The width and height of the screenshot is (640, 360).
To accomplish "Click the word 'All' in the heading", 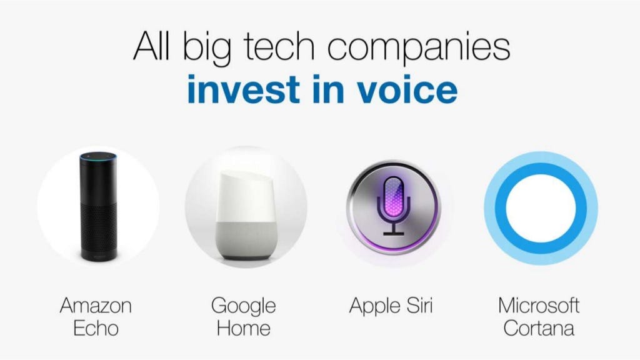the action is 151,46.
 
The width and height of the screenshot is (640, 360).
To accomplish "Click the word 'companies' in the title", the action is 418,49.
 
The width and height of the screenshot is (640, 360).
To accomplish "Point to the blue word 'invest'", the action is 244,89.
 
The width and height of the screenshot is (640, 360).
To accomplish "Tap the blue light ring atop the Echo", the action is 98,157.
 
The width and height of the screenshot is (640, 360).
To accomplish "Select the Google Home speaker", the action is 246,215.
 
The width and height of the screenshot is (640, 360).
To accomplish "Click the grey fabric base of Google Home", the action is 246,241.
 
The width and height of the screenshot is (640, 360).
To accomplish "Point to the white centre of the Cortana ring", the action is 541,208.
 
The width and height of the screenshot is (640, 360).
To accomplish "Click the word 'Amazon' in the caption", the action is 96,305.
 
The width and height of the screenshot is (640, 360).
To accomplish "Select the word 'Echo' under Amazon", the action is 96,328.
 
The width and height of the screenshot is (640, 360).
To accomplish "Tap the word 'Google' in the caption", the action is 244,307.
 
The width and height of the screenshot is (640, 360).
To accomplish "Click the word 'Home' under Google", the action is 244,328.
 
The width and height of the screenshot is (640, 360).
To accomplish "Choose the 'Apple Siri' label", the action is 391,306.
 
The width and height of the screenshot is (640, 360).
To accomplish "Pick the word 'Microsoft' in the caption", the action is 539,305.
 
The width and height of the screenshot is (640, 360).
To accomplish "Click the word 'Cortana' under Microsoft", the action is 539,328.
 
